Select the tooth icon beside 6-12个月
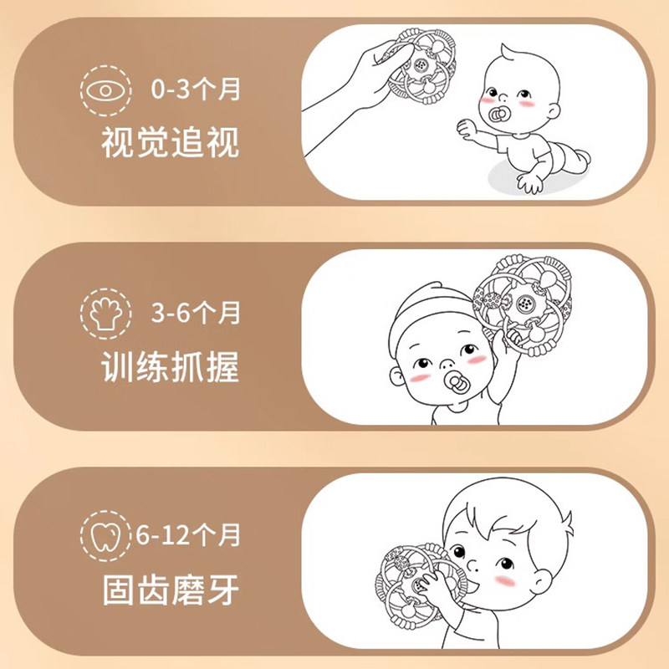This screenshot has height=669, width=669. (105, 534)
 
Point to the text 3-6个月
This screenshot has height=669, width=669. (196, 314)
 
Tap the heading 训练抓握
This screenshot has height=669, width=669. (171, 365)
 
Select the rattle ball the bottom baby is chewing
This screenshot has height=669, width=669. (418, 585)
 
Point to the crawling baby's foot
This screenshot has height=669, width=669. (582, 157)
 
